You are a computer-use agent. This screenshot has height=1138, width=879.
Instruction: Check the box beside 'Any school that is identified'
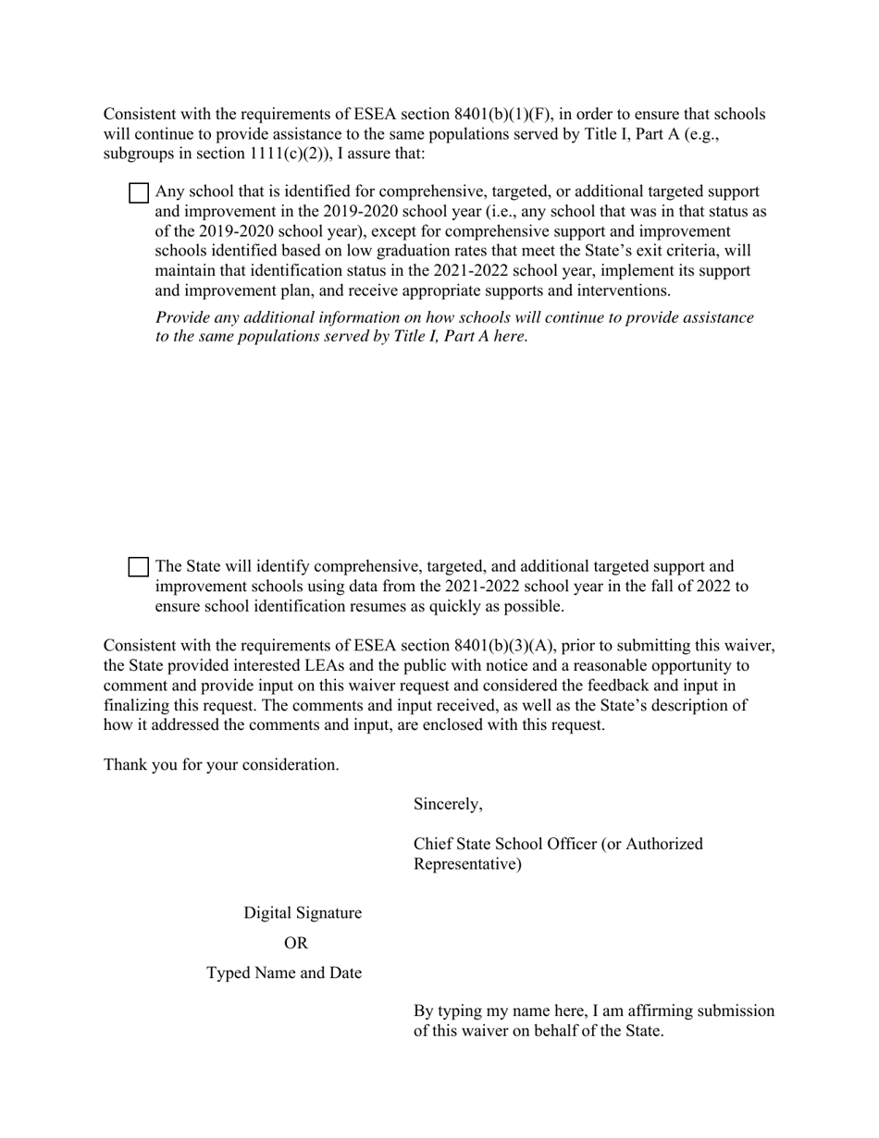tap(138, 193)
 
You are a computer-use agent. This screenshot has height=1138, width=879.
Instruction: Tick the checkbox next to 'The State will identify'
tap(138, 567)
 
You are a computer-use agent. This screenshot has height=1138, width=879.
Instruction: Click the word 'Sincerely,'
tap(448, 804)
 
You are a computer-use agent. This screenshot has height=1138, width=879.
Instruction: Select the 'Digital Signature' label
tap(303, 913)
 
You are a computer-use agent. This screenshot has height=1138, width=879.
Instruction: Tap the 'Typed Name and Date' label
tap(284, 973)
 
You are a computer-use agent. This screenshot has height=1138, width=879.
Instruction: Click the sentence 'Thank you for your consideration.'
tap(221, 764)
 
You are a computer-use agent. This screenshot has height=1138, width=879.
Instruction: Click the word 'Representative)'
tap(467, 864)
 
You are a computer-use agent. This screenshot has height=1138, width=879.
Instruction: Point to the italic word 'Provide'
tap(183, 317)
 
